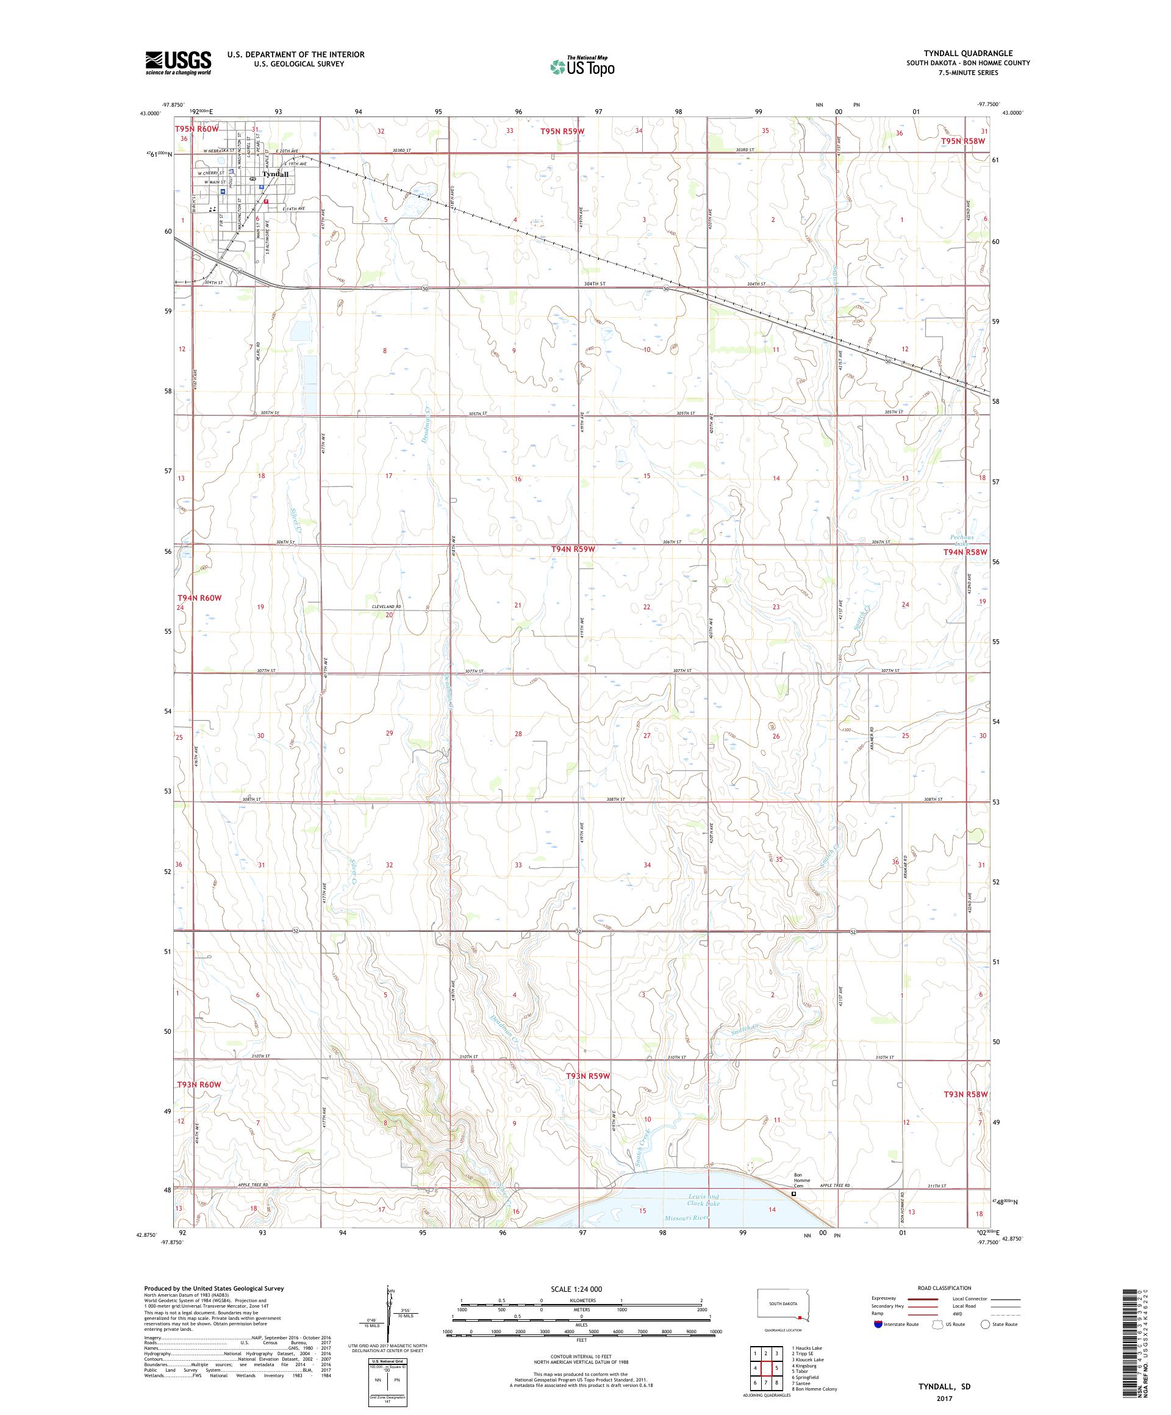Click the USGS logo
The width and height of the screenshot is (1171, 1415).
tap(179, 62)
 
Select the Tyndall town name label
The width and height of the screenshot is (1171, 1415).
tap(275, 174)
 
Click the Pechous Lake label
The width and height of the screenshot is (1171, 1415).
tap(963, 540)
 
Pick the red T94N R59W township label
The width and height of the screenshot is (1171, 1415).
tap(573, 549)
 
